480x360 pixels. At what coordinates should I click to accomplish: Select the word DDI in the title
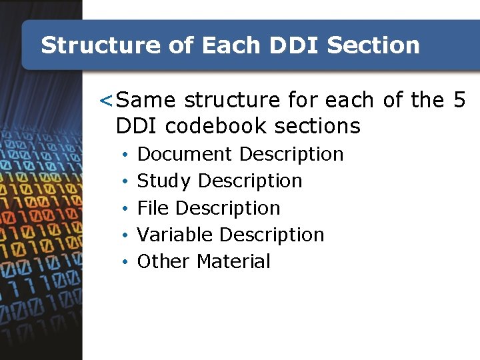(x=295, y=45)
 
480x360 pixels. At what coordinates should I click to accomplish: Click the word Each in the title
(x=231, y=45)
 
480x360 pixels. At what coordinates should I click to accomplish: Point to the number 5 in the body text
(x=459, y=100)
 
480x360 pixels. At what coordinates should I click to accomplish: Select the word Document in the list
(x=185, y=154)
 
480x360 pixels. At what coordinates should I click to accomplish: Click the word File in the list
(x=153, y=208)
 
